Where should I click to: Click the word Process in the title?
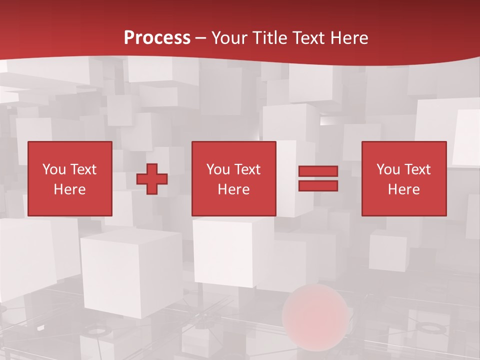[157, 38]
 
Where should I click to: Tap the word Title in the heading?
[270, 38]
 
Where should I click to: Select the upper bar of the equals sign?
[318, 171]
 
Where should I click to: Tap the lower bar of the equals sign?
[318, 186]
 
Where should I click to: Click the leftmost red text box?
[69, 178]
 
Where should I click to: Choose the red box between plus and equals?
[233, 178]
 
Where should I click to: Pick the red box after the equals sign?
[403, 178]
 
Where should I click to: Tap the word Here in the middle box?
[233, 189]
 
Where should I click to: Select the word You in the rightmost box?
[388, 169]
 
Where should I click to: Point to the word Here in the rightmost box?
[403, 189]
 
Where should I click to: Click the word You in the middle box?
[218, 169]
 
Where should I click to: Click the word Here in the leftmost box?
[69, 189]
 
